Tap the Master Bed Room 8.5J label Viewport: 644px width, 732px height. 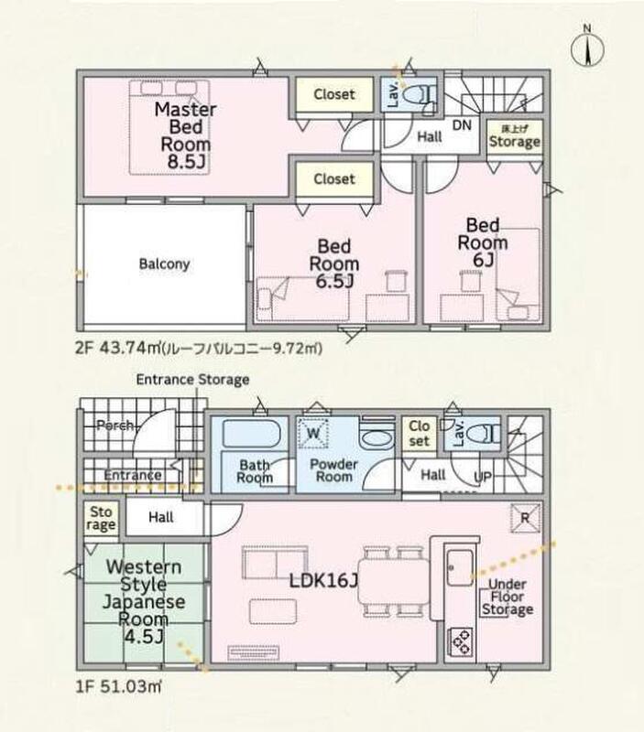coord(185,135)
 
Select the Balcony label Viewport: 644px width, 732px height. coord(165,264)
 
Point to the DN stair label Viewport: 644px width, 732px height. coord(462,125)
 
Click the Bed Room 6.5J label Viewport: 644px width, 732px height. coord(333,264)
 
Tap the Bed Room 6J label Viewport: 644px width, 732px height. coord(482,242)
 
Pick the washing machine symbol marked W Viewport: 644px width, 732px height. coord(313,434)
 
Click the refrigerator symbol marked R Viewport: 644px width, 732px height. coord(525,518)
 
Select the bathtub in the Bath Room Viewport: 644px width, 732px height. coord(251,434)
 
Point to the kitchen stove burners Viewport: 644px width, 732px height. coord(461,641)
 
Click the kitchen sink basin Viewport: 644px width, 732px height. coord(460,567)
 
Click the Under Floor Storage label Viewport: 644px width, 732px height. coord(508,597)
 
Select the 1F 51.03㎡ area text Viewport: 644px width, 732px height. coord(119,686)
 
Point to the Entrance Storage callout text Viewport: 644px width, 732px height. coord(192,380)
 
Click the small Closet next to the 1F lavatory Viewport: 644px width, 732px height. coord(419,433)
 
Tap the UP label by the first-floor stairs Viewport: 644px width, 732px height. coord(483,477)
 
